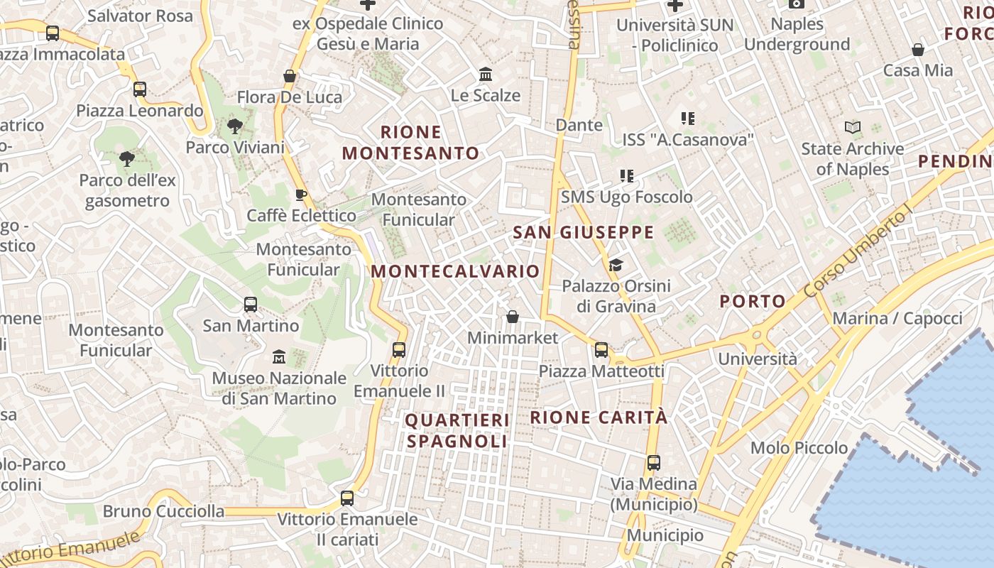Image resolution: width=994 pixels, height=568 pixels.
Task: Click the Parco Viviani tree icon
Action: point(234,127)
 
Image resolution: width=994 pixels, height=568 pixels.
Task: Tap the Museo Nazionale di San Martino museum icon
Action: point(278,356)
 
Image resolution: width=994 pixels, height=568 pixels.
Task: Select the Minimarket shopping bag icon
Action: point(513,317)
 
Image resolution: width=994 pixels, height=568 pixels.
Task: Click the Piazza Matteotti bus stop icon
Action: point(601,349)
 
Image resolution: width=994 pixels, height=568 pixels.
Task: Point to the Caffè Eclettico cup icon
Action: point(301,195)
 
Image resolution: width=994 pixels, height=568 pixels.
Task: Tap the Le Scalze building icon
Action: point(486,75)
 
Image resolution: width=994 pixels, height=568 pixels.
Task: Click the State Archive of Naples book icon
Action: point(852,128)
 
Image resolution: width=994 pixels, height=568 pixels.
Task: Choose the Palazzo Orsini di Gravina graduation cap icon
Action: point(616,266)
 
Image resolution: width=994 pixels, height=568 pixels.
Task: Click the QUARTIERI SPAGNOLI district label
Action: point(457,430)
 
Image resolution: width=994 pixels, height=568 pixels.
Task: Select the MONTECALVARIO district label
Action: point(455,271)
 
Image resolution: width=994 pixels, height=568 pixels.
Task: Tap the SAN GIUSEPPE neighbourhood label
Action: point(583,232)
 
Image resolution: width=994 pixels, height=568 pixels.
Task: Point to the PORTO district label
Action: point(753,301)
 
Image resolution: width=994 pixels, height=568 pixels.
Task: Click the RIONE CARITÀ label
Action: point(599,417)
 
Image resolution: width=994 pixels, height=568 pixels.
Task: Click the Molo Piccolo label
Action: point(799,448)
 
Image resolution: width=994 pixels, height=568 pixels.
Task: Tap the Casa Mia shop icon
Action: point(918,50)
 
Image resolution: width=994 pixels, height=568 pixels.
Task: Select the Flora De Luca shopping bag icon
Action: point(290,76)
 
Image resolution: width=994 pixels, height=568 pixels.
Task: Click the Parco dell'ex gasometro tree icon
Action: point(127,159)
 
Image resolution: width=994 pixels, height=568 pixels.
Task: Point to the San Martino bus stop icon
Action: point(251,305)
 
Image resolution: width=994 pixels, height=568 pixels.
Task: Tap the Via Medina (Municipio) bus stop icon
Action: point(654,463)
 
